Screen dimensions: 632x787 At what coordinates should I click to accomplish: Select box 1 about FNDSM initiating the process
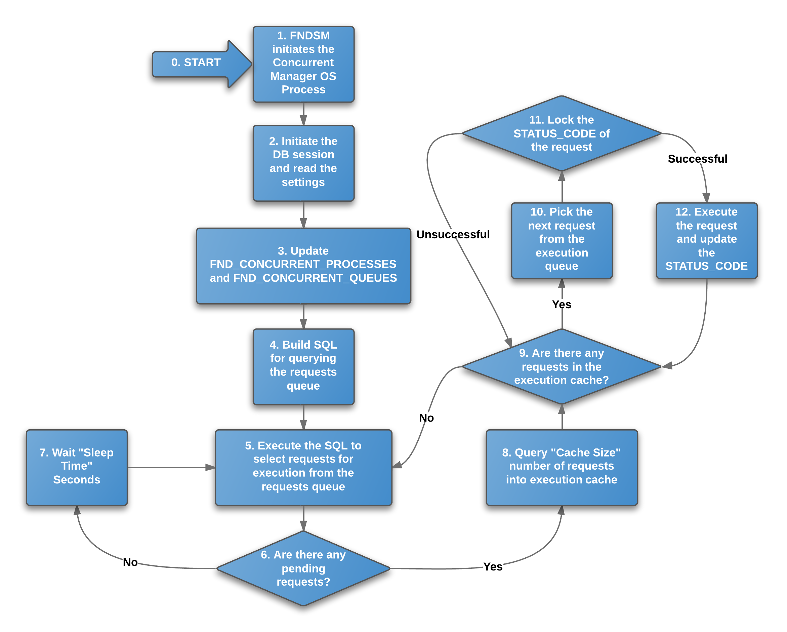coord(303,63)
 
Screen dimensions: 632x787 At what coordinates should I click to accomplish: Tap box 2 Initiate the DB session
coord(303,162)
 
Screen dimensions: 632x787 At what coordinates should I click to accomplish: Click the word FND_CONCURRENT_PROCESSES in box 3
coord(303,264)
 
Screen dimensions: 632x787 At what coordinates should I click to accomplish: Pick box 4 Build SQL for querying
coord(303,365)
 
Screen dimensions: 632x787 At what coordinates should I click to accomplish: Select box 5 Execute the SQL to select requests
coord(303,466)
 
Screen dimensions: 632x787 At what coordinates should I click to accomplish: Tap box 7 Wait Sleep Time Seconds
coord(77,466)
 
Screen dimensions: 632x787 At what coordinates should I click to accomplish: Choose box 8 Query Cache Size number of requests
coord(562,466)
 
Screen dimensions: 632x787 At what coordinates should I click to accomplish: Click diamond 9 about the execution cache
coord(562,366)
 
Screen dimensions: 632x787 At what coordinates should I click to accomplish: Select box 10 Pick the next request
coord(562,239)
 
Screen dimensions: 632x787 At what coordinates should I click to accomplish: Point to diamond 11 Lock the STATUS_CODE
coord(562,133)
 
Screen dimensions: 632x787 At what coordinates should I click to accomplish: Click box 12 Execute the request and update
coord(706,239)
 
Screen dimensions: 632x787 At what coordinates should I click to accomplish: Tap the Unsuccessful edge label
coord(453,234)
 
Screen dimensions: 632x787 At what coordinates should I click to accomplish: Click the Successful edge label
coord(697,159)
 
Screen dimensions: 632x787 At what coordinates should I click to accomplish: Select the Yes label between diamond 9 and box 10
coord(562,304)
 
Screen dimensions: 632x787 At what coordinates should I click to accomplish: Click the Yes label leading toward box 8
coord(493,566)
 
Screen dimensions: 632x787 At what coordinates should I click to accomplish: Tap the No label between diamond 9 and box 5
coord(426,418)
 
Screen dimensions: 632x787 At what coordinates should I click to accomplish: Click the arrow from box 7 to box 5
coord(170,467)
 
